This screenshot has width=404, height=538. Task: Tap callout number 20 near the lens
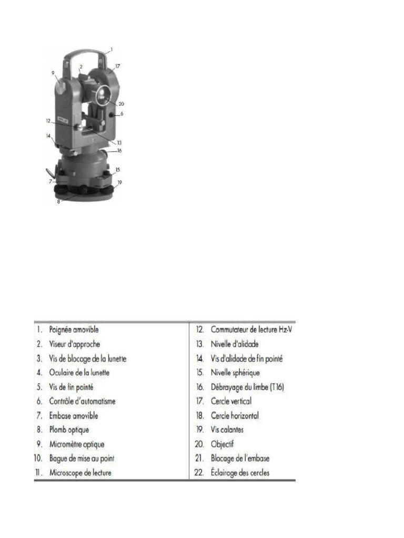click(x=121, y=104)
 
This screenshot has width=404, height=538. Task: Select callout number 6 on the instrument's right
click(x=122, y=113)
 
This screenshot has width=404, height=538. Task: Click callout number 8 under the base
click(x=58, y=201)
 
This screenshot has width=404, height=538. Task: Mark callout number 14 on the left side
click(x=48, y=136)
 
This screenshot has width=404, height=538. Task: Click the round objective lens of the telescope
click(x=102, y=95)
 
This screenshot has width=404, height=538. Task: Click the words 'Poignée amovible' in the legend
click(x=74, y=330)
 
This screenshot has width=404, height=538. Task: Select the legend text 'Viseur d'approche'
click(x=75, y=344)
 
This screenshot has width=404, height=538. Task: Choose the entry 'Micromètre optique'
click(x=77, y=444)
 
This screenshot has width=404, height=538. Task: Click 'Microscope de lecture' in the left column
click(x=80, y=472)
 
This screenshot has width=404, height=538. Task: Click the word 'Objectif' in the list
click(x=222, y=444)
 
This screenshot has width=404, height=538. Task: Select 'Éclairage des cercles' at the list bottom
click(x=240, y=472)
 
